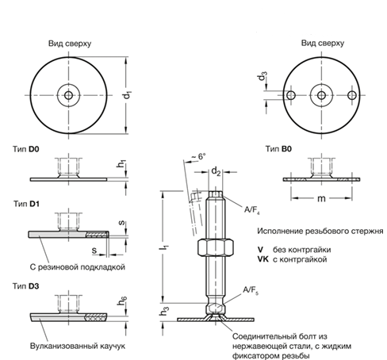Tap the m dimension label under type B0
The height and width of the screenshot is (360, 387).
point(320,197)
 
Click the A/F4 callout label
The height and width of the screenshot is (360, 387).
point(253,209)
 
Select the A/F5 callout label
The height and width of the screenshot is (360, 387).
point(251,290)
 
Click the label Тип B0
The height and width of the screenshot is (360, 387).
point(280,149)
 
